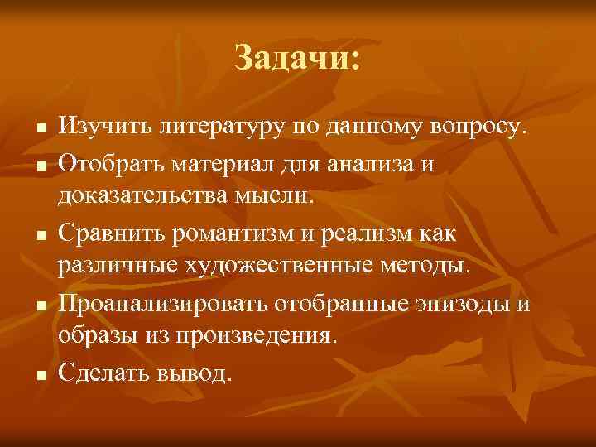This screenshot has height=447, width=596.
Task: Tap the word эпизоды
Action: (463, 304)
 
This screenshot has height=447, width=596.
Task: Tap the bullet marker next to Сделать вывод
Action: (39, 376)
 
